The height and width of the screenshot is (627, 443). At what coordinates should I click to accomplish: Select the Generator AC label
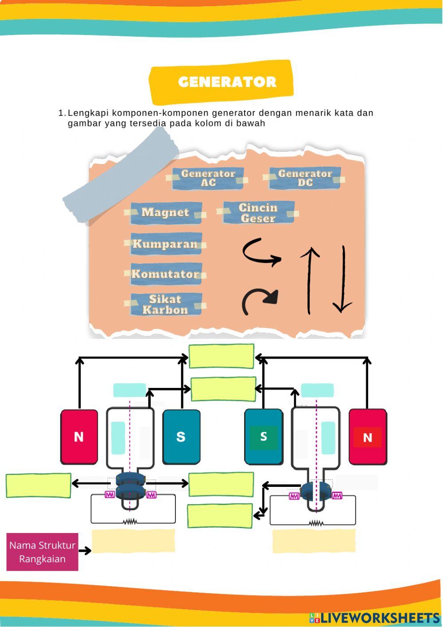[208, 178]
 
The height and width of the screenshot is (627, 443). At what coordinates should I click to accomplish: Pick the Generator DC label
[305, 178]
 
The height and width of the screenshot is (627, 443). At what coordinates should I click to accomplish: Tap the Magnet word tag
[166, 213]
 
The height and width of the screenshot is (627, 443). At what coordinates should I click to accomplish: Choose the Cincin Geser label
[258, 213]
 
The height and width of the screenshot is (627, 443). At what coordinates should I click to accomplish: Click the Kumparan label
[166, 244]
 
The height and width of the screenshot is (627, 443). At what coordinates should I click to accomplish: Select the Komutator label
[166, 274]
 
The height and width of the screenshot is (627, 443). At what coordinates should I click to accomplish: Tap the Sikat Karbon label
[166, 305]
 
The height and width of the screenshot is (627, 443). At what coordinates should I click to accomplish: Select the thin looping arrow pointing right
[261, 252]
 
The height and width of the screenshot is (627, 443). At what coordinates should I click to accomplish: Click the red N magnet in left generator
[79, 437]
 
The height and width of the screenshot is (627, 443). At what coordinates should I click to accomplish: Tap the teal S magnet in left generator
[181, 437]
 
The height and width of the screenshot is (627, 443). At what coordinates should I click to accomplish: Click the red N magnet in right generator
[367, 437]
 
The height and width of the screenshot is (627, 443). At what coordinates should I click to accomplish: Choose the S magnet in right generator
[264, 437]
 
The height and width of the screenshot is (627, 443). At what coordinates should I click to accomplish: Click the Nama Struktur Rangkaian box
[42, 552]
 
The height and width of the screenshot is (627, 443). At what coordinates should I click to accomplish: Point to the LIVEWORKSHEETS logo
[374, 618]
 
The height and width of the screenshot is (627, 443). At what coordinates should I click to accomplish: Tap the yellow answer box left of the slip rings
[38, 486]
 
